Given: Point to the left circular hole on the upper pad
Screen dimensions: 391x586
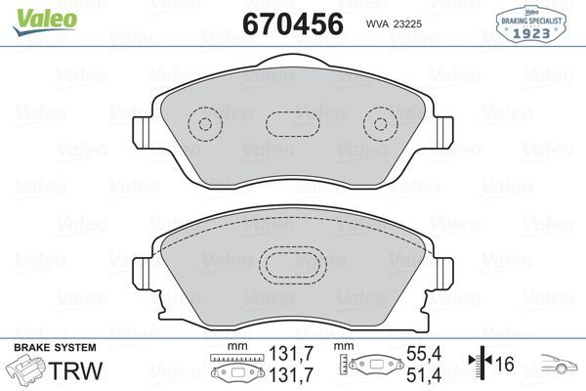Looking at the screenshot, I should click(x=204, y=124).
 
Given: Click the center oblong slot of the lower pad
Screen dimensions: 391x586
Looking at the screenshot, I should click(x=290, y=265).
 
